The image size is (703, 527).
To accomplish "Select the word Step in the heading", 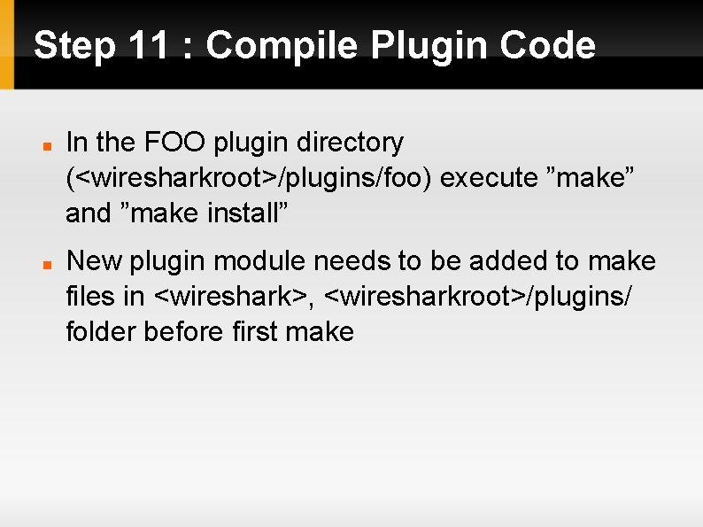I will tap(74, 45).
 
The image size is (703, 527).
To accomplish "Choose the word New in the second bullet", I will tap(95, 261).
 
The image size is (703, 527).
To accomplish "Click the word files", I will tap(90, 297).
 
